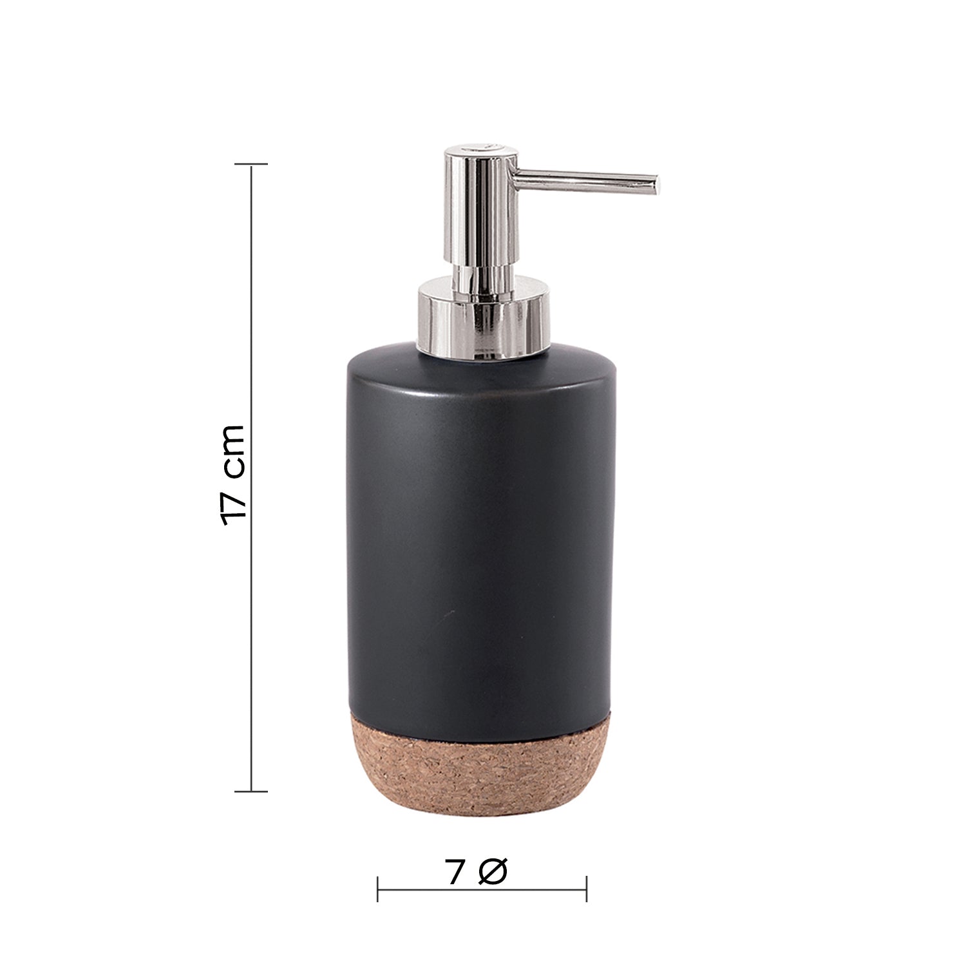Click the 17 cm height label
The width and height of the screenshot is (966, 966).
tap(232, 475)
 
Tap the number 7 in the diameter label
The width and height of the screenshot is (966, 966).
tap(455, 873)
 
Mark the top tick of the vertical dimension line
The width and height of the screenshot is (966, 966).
tap(251, 165)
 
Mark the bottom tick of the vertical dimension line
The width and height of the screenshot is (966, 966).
tap(251, 791)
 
